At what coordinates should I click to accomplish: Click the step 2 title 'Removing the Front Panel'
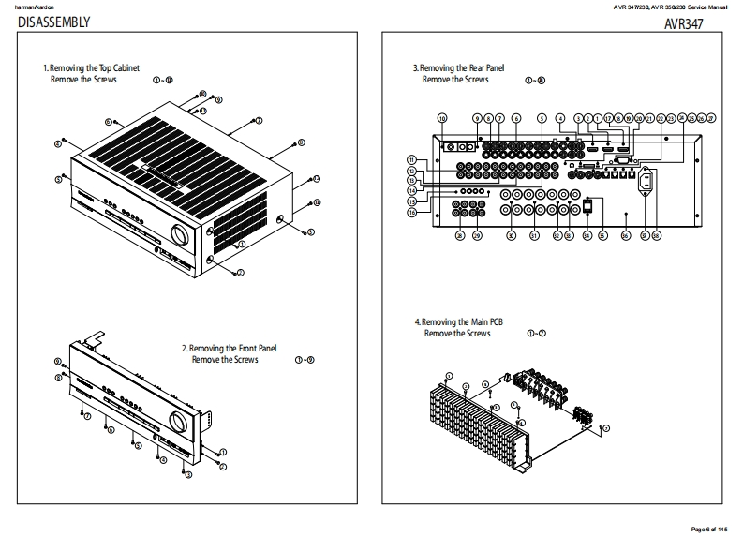230,349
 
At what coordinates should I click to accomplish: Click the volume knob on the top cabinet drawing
177,233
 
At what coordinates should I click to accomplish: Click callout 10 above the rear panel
442,118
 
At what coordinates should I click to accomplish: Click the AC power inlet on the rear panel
645,178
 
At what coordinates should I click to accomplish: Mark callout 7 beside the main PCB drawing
605,427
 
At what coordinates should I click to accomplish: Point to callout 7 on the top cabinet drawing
258,121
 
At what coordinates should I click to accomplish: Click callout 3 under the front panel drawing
187,474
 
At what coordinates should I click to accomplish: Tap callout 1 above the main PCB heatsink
449,376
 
